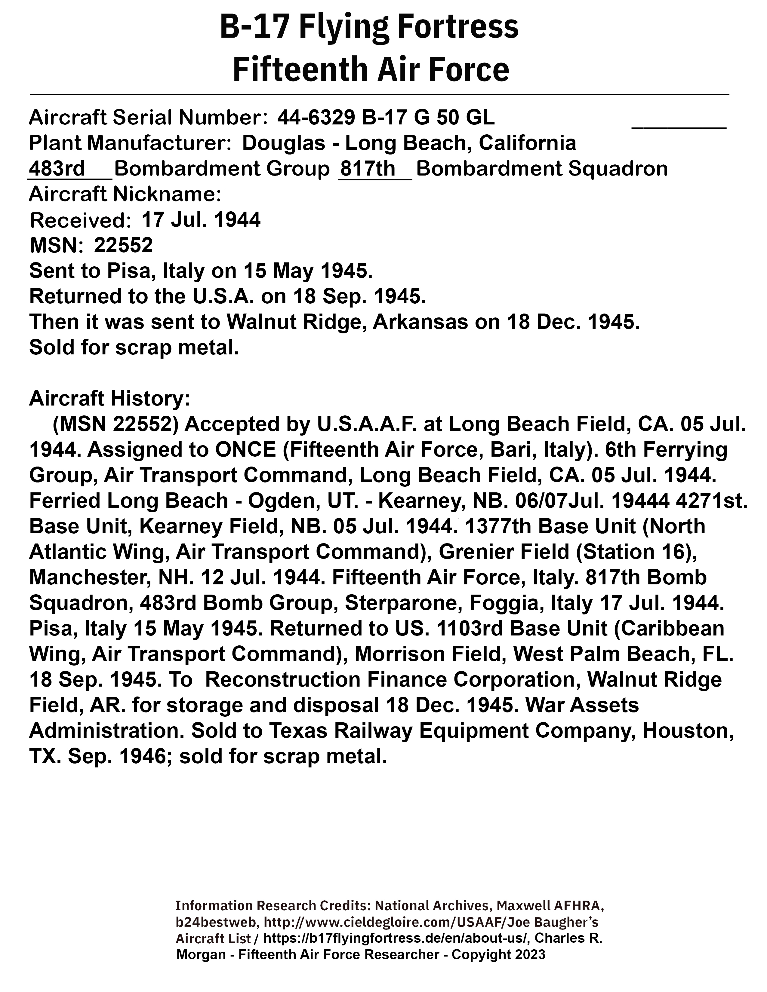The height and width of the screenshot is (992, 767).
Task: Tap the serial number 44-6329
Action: [x=316, y=118]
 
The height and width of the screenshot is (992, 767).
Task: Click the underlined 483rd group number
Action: [x=57, y=169]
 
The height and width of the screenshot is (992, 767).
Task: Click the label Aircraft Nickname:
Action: [x=125, y=194]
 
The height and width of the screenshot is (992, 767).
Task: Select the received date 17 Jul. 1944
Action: [x=201, y=220]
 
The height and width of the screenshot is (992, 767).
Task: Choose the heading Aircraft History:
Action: [x=109, y=399]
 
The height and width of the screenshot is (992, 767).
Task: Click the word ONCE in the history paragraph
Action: [x=246, y=450]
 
